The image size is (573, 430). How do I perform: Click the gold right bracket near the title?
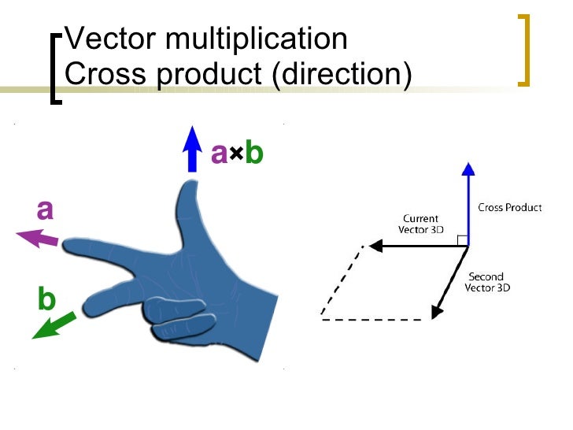coord(524,50)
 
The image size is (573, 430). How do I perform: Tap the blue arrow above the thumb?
coord(190,150)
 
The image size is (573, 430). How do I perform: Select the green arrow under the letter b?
coord(54,325)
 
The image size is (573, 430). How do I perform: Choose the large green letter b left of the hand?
coord(46,299)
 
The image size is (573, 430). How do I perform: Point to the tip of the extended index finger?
coord(68,247)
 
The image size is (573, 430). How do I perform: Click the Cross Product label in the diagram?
coord(510,208)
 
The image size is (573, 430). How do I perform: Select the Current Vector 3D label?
coord(420,224)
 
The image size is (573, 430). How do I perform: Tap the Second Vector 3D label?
coord(487,282)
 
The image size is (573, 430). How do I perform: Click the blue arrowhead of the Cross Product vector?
coord(468,169)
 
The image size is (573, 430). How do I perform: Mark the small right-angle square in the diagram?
coord(464,240)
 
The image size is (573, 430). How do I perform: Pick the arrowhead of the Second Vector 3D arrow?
coord(436,313)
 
